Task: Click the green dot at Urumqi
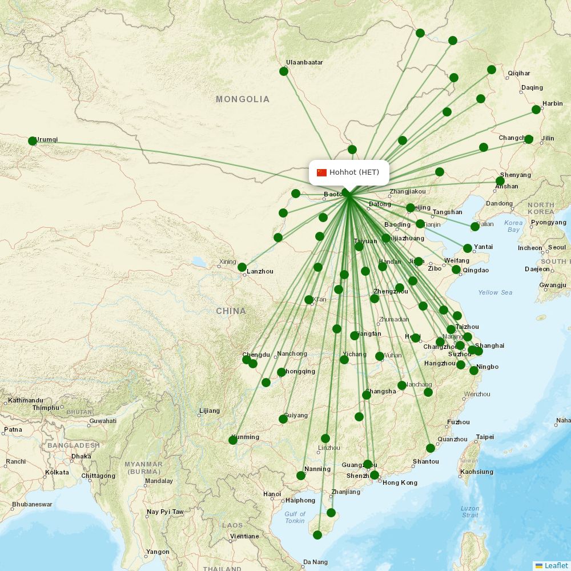coord(33,141)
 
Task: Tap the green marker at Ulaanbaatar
coord(284,71)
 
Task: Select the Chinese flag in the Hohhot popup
coord(321,172)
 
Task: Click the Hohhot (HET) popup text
coord(354,172)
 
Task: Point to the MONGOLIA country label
coord(242,99)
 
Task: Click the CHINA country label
coord(231,311)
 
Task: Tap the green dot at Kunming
coord(233,440)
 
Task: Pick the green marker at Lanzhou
coord(242,267)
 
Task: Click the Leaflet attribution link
coord(556,565)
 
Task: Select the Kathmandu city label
coord(26,400)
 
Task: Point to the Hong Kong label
coord(400,482)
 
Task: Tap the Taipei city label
coord(485,437)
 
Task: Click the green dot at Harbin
coord(536,110)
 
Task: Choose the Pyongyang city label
coord(548,222)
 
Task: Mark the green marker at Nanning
coord(301,476)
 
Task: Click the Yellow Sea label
coord(495,292)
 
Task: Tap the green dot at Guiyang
coord(283,419)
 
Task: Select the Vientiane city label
coord(244,536)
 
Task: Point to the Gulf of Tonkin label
coord(295,517)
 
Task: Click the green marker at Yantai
coord(468,248)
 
